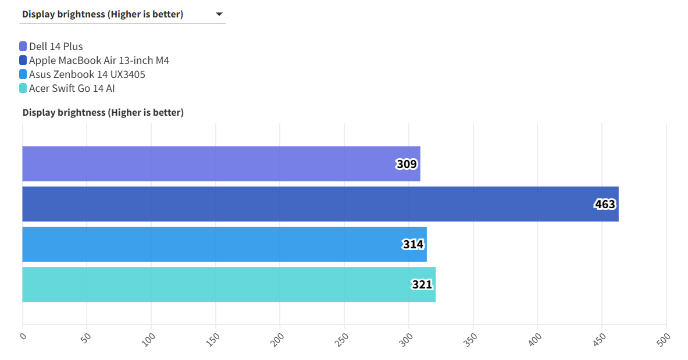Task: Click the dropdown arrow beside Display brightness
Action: coord(219,15)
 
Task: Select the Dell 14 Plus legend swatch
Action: coord(23,47)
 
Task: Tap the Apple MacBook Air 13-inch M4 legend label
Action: coord(99,60)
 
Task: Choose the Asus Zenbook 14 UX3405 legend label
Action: coord(87,74)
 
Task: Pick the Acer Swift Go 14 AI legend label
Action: coord(72,88)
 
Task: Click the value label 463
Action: coord(605,204)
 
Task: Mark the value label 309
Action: coord(407,164)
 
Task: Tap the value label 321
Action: coord(422,285)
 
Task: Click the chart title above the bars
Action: coord(103,112)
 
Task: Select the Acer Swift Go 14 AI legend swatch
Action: coord(23,88)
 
